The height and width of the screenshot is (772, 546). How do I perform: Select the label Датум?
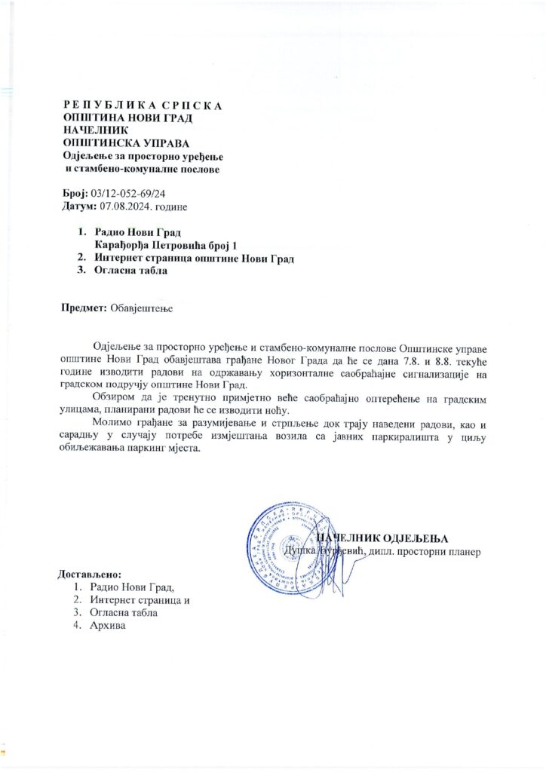pos(78,206)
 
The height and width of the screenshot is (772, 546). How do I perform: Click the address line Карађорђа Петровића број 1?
pos(167,246)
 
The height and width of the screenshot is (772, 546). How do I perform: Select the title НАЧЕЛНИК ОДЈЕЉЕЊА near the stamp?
pos(382,538)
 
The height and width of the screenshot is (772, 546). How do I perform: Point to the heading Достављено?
pos(89,575)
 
